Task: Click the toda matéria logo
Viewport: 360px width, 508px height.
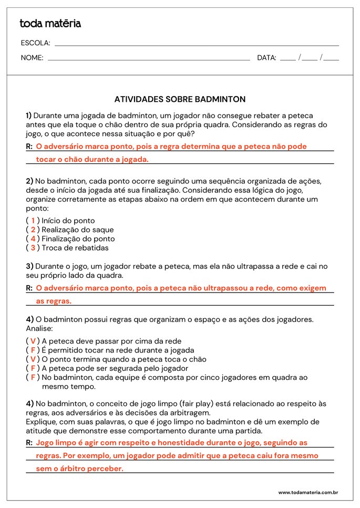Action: tap(50, 24)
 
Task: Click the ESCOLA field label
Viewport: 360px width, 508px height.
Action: tap(35, 43)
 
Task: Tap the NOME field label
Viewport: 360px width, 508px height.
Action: tap(32, 58)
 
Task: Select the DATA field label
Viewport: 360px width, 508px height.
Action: tap(266, 58)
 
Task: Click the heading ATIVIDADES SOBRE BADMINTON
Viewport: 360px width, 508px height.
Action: tap(180, 99)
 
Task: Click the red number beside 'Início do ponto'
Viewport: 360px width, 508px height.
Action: tap(33, 221)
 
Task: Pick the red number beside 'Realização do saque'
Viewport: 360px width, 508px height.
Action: tap(33, 230)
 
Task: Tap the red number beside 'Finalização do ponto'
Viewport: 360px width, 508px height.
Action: tap(33, 239)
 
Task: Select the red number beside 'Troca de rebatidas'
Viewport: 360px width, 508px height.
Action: tap(33, 247)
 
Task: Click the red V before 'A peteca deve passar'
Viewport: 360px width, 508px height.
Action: tap(33, 341)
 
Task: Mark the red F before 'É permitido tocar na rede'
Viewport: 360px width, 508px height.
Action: tap(33, 350)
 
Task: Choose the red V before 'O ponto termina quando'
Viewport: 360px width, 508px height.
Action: tap(33, 359)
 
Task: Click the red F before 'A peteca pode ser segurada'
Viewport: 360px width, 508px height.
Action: tap(33, 368)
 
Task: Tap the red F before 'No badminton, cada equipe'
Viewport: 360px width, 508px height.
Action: tap(33, 377)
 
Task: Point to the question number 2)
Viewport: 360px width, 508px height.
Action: tap(29, 181)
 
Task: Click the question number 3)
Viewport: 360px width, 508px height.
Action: tap(29, 266)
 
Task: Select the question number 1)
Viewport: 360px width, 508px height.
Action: tap(29, 115)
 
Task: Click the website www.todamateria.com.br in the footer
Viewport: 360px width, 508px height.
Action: tap(307, 493)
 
